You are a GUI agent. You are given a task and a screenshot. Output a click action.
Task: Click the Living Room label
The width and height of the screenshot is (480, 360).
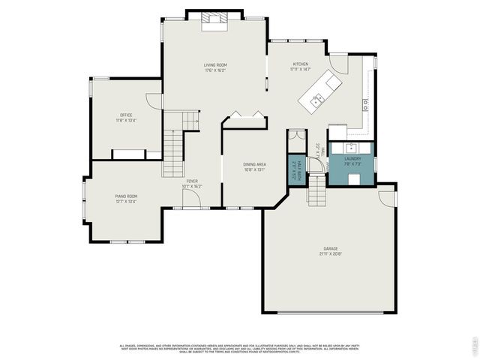point(215,65)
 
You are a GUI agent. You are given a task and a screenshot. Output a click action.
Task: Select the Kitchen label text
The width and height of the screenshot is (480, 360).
point(300,64)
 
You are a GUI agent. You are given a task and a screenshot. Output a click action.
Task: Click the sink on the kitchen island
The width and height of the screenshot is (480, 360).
point(318,97)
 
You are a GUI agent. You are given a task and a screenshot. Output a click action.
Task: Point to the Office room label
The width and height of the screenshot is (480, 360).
point(126,115)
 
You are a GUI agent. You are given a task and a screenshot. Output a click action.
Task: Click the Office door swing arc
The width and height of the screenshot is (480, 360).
point(155,101)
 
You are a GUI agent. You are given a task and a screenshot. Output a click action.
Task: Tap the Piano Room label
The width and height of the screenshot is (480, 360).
point(125,196)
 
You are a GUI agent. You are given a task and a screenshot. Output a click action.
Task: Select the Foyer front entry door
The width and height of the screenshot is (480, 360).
point(192,197)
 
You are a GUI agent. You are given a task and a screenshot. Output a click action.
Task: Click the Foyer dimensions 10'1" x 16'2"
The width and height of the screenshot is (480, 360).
point(193,187)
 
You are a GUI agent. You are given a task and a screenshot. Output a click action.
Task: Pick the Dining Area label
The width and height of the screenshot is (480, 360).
point(254,164)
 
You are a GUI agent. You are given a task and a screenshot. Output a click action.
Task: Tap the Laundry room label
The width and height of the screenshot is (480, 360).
point(352,158)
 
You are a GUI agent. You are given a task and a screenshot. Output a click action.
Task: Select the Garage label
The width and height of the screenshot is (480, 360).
point(330,248)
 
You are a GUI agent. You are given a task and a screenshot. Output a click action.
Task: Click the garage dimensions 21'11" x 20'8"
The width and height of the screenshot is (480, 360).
point(330,254)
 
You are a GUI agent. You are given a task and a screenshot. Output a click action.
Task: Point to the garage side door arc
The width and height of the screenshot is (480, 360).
point(387,196)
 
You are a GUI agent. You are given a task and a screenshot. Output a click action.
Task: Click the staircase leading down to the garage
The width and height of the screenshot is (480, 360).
point(317,192)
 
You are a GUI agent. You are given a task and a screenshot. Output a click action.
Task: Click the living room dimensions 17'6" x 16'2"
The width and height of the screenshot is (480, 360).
point(215,71)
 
